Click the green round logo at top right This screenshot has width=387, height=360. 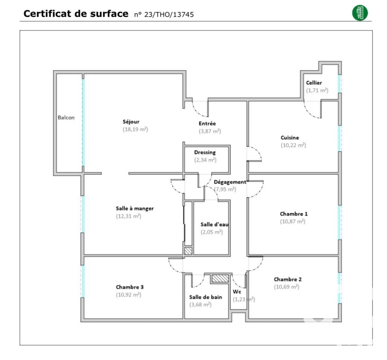(x=360, y=13)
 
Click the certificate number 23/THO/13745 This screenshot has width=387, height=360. (x=164, y=15)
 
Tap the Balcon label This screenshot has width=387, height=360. (x=66, y=117)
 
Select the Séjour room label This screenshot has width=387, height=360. (x=131, y=122)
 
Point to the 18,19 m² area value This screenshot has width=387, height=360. (x=135, y=129)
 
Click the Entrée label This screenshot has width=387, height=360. (x=207, y=123)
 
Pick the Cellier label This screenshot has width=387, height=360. (x=314, y=83)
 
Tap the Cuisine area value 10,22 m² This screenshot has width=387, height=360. (x=293, y=145)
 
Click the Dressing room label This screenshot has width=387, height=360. (x=205, y=153)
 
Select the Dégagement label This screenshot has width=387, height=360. (x=230, y=182)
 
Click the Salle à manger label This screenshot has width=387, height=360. (x=135, y=208)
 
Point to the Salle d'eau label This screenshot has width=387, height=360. (x=214, y=224)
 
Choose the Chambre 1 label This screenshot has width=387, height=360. (x=294, y=214)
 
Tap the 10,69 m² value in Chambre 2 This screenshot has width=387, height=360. (x=286, y=287)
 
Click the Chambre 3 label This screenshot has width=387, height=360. (x=130, y=287)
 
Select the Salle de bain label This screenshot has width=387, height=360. (x=205, y=297)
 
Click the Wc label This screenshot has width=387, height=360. (x=237, y=292)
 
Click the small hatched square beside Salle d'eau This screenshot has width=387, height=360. (x=188, y=251)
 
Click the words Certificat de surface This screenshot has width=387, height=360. (x=76, y=14)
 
